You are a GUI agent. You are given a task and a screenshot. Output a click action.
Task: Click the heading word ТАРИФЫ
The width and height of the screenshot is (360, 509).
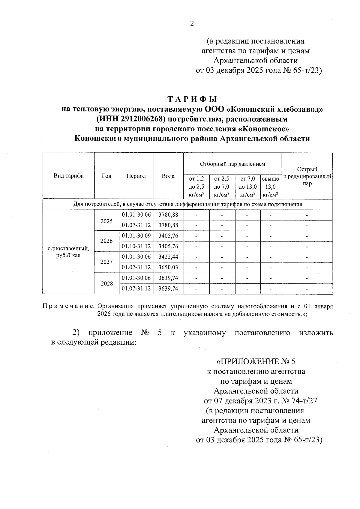tap(192, 99)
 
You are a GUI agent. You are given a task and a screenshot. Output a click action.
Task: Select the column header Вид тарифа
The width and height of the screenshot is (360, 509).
tap(68, 176)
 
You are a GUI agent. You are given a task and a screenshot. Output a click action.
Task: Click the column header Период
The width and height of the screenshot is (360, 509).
tap(136, 176)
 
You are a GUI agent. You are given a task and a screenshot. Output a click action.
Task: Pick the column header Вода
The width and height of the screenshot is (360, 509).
tap(168, 176)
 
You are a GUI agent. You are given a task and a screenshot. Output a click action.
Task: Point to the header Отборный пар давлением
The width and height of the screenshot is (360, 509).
tap(232, 164)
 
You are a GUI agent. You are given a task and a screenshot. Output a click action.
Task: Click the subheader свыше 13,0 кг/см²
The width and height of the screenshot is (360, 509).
tap(270, 187)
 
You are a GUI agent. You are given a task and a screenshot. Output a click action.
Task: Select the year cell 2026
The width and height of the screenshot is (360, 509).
tap(106, 241)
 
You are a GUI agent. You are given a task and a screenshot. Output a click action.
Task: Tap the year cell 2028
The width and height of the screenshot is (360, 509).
tap(106, 283)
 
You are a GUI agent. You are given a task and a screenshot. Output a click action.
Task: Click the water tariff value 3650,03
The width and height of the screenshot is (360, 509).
tap(168, 267)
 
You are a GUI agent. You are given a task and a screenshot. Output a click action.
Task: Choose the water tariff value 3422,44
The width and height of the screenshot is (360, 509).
tap(168, 257)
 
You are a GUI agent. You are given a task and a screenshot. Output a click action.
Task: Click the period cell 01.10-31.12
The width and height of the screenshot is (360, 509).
tap(136, 246)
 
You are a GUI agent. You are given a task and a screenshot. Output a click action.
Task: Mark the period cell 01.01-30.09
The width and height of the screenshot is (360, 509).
tap(136, 236)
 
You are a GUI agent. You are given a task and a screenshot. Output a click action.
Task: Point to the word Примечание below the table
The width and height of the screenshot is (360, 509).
tap(68, 307)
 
